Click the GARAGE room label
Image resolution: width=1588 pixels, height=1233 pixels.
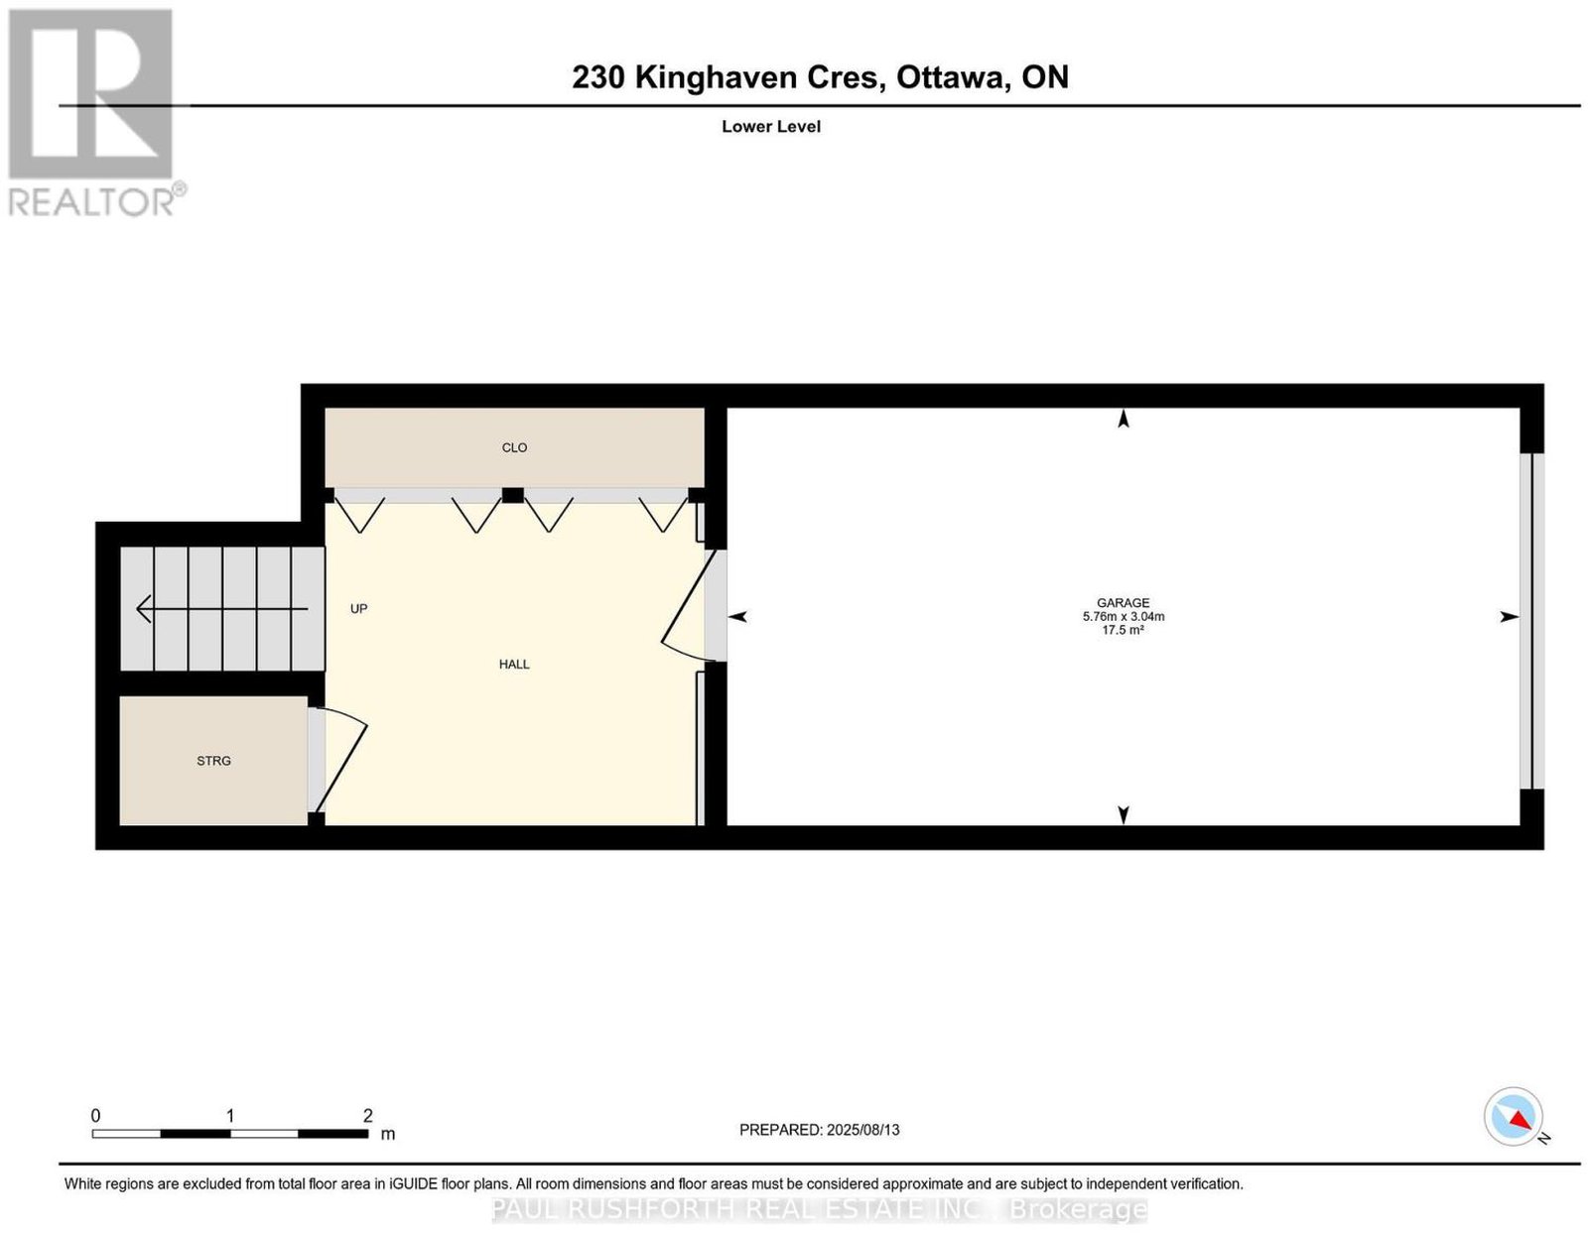click(1123, 603)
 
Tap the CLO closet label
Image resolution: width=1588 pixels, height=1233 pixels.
click(514, 447)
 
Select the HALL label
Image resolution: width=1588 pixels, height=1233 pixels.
click(514, 665)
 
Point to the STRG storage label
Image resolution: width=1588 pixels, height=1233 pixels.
click(213, 761)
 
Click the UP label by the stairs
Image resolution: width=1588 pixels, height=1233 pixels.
click(358, 609)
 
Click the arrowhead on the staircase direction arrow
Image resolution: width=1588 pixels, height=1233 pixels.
click(144, 609)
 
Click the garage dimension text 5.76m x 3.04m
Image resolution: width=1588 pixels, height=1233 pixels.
click(1124, 616)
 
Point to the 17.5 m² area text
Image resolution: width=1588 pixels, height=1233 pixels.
click(1124, 629)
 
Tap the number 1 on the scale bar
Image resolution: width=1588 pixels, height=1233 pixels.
click(230, 1116)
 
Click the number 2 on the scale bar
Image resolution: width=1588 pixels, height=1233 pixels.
click(367, 1116)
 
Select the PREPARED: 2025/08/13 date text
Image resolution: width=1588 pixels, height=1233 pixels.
click(819, 1130)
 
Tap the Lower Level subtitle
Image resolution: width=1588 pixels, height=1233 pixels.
click(771, 126)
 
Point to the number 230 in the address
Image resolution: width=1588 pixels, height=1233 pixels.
click(597, 77)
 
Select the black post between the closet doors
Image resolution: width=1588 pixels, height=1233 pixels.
click(513, 496)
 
